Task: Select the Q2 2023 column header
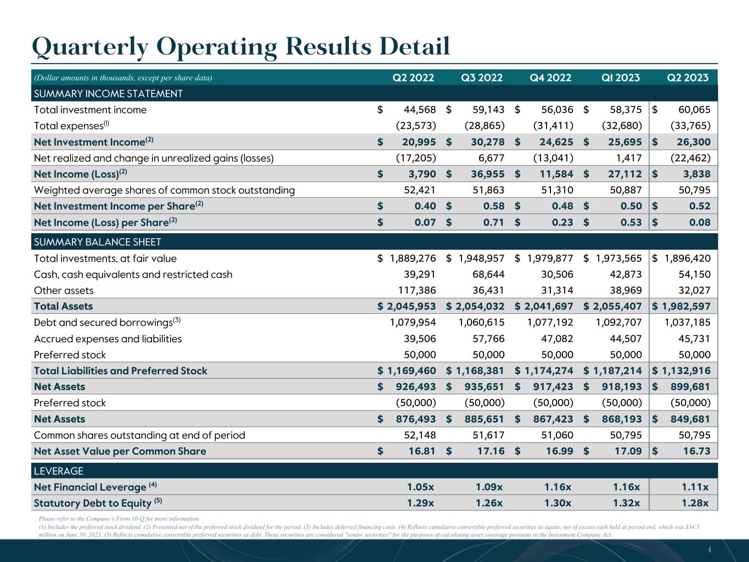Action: [x=688, y=77]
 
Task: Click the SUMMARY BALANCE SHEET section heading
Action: [x=98, y=242]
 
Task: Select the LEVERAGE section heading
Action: [x=59, y=471]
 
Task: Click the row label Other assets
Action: [x=64, y=290]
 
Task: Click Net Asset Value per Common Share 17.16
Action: [x=489, y=451]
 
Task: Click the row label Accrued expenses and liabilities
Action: [x=108, y=339]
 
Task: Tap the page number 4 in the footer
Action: [x=709, y=549]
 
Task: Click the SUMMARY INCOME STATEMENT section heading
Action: [x=108, y=94]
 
